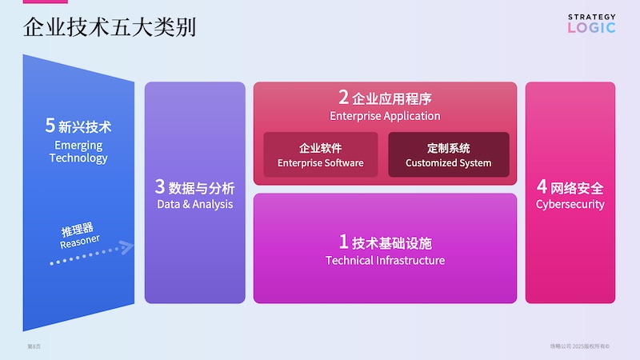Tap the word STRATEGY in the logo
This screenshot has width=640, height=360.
point(592,17)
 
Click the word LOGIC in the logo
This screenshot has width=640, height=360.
point(592,28)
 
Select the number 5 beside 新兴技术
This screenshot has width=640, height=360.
point(50,126)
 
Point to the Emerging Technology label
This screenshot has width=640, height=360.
point(78,151)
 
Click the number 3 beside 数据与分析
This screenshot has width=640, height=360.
point(160,187)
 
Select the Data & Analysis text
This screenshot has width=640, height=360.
point(195,204)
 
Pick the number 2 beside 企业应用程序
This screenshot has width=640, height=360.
point(343,98)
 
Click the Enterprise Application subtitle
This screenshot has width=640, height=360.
point(385,116)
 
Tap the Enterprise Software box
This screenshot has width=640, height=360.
point(320,154)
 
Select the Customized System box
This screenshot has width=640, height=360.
point(448,154)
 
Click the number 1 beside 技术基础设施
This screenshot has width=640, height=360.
point(344,242)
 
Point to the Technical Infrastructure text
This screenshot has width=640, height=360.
point(385,260)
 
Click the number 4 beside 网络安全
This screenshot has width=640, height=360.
point(542,187)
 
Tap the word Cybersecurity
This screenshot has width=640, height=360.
point(570,204)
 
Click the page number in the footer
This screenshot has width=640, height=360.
point(34,346)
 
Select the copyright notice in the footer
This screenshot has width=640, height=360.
point(580,346)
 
